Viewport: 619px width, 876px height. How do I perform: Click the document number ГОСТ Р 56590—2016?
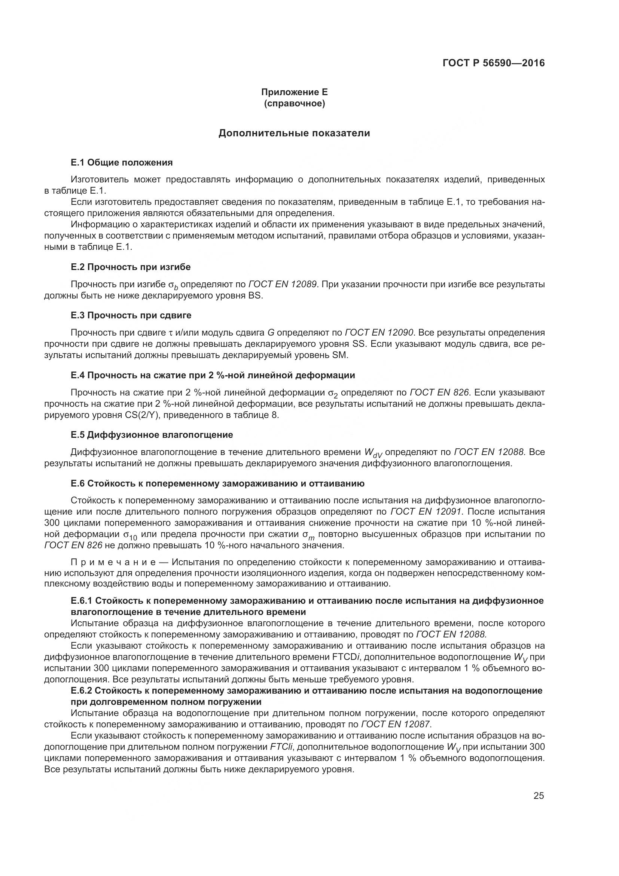[x=494, y=63]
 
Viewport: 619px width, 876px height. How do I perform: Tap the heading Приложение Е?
[x=294, y=92]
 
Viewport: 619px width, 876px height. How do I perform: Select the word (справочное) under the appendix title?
[x=294, y=103]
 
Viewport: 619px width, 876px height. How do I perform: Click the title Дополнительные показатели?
[x=294, y=133]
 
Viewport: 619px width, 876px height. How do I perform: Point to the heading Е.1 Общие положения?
[x=122, y=163]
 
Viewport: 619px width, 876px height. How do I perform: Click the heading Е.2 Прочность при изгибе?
[x=131, y=267]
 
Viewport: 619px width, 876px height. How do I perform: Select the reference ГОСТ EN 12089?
[x=283, y=284]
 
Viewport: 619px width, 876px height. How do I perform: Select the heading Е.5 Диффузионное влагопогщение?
[x=152, y=435]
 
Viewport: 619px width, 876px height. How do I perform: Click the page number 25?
[x=539, y=796]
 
